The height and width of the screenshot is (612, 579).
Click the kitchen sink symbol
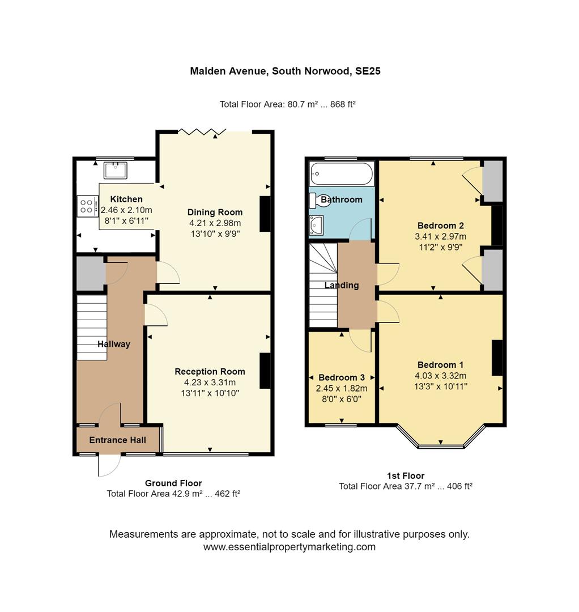115,170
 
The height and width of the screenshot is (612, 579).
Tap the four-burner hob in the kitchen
87,205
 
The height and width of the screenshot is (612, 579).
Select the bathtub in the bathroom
341,173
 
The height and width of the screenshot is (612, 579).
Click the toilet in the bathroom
315,201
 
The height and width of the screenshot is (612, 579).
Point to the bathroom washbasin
316,225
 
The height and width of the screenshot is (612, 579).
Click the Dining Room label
215,212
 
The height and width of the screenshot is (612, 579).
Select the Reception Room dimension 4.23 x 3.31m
210,382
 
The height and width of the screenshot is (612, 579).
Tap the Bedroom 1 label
441,364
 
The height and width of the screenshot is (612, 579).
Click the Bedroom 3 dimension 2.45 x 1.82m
341,388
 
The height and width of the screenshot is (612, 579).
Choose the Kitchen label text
126,199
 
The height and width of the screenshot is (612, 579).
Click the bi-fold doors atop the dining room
198,132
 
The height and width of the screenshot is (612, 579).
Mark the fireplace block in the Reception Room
265,371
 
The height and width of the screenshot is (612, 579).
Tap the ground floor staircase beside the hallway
92,327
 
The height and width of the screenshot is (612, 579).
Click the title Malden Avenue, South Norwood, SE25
289,71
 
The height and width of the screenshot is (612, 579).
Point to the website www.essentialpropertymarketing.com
289,547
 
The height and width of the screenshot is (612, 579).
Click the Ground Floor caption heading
173,483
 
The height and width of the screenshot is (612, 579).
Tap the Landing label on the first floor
341,285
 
